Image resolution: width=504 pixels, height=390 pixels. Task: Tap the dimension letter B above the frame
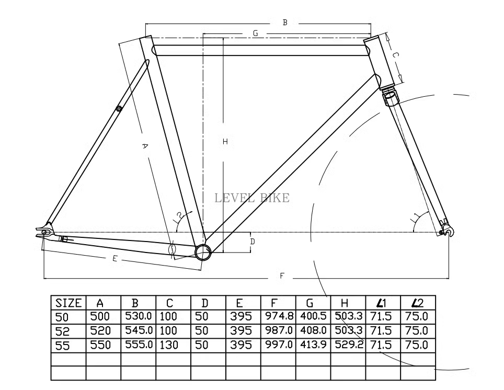(285, 22)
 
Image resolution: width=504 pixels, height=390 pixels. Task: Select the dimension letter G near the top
(255, 33)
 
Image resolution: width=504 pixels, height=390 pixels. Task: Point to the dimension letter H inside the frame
(225, 141)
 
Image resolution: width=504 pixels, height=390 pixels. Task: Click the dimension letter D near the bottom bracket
(252, 242)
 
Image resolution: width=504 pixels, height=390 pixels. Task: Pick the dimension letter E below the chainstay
(114, 259)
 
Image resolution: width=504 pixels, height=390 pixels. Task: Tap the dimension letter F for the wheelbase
(282, 276)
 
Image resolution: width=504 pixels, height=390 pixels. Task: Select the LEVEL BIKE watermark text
(252, 198)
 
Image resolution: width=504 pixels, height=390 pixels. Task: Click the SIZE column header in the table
(68, 303)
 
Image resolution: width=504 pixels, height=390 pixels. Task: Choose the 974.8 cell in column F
(278, 316)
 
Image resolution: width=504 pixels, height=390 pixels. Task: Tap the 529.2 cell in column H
(348, 345)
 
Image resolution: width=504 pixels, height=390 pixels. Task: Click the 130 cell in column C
(169, 345)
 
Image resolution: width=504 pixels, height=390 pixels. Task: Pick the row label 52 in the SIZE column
(62, 331)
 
